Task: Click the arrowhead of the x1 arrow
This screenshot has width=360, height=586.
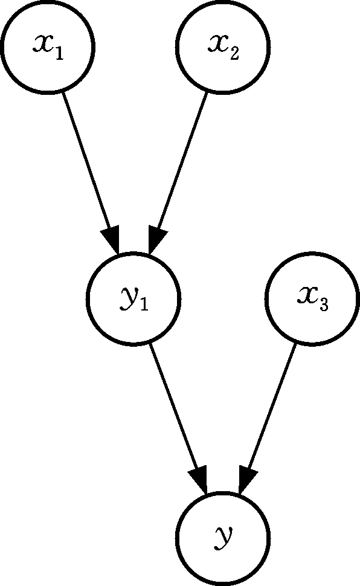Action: coord(111,239)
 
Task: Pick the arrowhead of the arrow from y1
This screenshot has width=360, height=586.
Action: coord(199,479)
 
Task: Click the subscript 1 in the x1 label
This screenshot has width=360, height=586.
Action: coord(59,53)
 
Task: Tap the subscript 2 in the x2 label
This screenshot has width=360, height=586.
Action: coord(234,53)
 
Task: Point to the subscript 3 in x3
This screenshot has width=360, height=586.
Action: coord(323,305)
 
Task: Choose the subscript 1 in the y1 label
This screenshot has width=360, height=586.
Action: coord(144,305)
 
